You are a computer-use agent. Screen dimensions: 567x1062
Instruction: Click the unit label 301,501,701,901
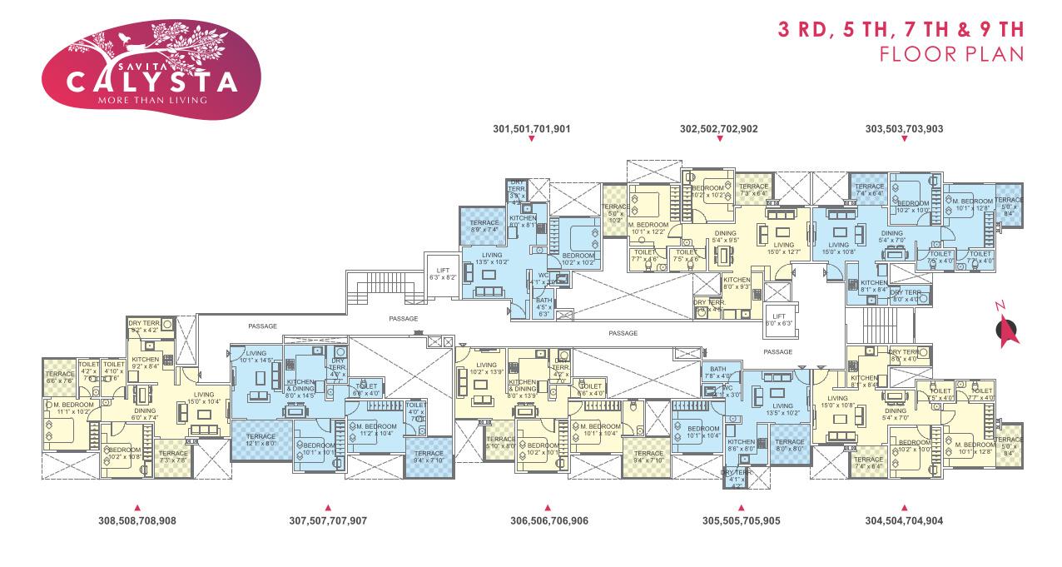coord(531,129)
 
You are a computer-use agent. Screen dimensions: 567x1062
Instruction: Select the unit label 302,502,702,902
coord(718,129)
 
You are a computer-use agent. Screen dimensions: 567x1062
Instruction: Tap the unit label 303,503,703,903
coord(904,129)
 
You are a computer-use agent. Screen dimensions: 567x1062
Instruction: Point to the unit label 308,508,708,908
coord(137,520)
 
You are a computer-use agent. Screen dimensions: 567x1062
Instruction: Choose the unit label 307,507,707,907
coord(328,520)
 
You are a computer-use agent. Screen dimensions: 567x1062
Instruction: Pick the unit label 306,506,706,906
coord(548,520)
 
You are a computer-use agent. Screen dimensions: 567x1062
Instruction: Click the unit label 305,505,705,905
coord(741,520)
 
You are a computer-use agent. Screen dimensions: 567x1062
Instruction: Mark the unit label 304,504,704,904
coord(904,520)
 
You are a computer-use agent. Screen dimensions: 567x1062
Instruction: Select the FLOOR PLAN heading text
coord(950,54)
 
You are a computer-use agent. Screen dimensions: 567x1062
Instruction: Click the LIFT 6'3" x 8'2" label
coord(443,271)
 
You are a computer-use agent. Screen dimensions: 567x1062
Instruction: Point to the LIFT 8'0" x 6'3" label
coord(780,319)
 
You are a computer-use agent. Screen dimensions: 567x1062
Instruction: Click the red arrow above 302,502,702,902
coord(719,139)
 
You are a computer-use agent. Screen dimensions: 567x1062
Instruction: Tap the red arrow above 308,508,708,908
coord(137,507)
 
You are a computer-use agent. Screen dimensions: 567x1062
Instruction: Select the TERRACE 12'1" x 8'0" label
coord(261,440)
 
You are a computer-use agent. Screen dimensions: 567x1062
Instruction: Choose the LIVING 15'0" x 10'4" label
coord(203,398)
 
